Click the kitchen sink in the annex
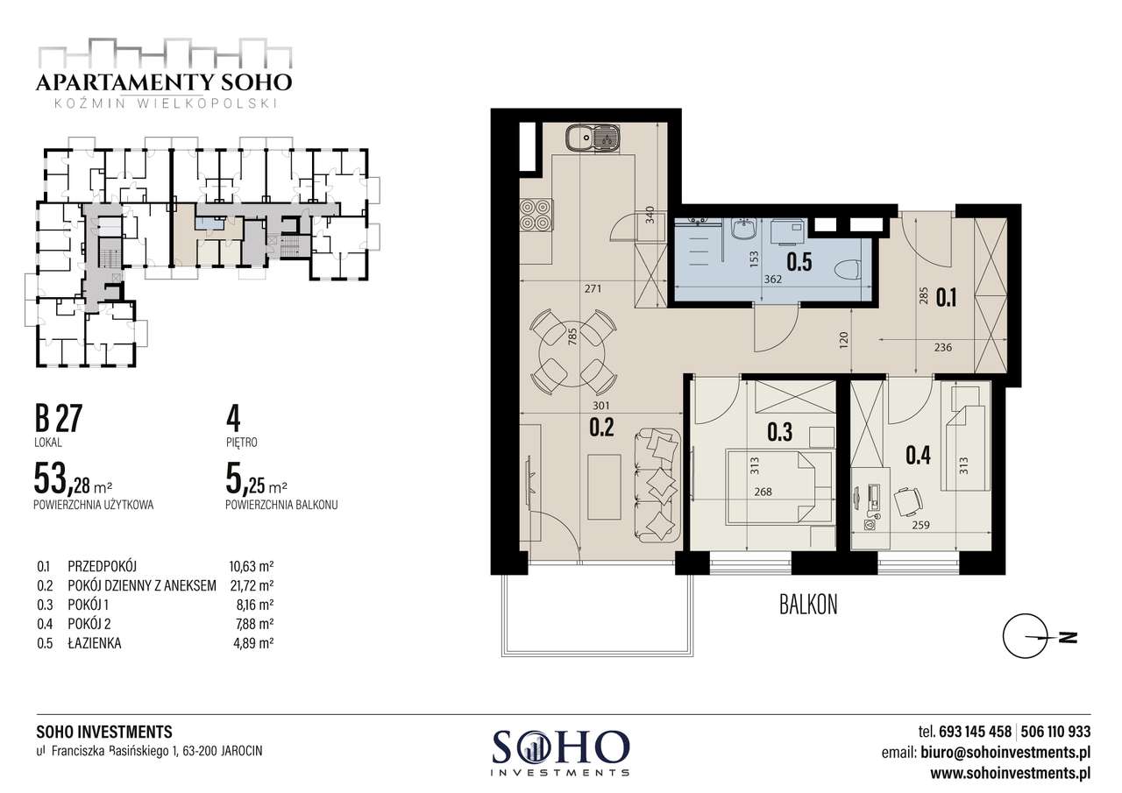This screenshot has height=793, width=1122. click(593, 137)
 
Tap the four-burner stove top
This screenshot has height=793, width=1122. click(536, 215)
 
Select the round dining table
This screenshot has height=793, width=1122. click(571, 353)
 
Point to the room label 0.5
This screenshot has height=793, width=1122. click(799, 262)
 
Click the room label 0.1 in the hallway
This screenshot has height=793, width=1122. click(946, 298)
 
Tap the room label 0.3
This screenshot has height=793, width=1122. click(780, 432)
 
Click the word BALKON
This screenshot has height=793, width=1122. click(808, 605)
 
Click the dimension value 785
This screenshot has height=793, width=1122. click(573, 336)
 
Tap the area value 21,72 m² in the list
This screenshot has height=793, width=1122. click(252, 585)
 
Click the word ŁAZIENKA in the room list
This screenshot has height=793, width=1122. click(94, 643)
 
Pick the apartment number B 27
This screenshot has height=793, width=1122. click(58, 419)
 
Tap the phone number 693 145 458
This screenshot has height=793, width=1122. click(975, 732)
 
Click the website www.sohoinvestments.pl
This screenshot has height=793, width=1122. click(1011, 774)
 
